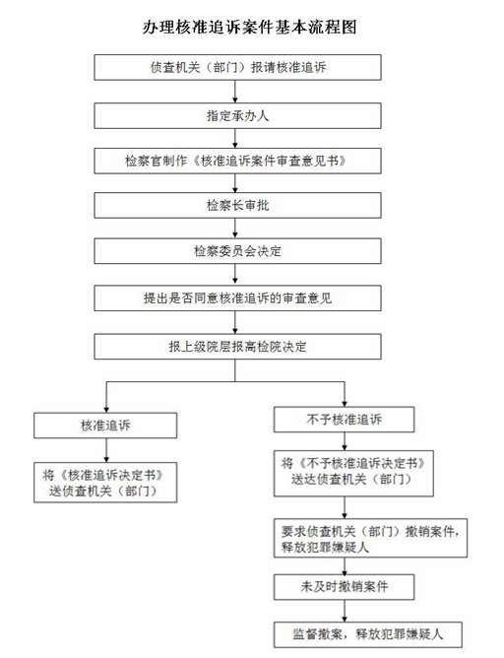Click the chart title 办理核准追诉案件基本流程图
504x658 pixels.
click(250, 27)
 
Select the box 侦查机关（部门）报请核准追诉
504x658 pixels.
click(237, 67)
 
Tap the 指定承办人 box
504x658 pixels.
click(237, 115)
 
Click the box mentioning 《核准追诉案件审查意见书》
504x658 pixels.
click(237, 161)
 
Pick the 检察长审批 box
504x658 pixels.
click(237, 205)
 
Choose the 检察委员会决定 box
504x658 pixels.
click(237, 251)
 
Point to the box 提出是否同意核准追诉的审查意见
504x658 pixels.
click(237, 297)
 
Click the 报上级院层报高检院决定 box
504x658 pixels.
click(237, 346)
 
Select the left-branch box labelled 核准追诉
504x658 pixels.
click(105, 426)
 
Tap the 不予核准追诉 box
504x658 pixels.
click(344, 420)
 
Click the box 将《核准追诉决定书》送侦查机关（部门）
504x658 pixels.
click(105, 483)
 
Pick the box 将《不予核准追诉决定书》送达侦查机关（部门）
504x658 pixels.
click(353, 474)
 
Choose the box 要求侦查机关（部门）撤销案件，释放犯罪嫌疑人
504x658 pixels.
click(371, 538)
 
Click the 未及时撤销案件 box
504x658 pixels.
click(344, 587)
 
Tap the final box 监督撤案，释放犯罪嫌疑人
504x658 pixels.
click(368, 634)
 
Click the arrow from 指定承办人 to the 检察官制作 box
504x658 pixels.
click(235, 138)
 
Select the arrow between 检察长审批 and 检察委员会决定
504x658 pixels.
click(235, 228)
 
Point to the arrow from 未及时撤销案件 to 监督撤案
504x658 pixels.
click(345, 611)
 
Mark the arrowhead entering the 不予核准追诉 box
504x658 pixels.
click(345, 403)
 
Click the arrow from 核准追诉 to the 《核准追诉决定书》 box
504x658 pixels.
click(106, 450)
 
